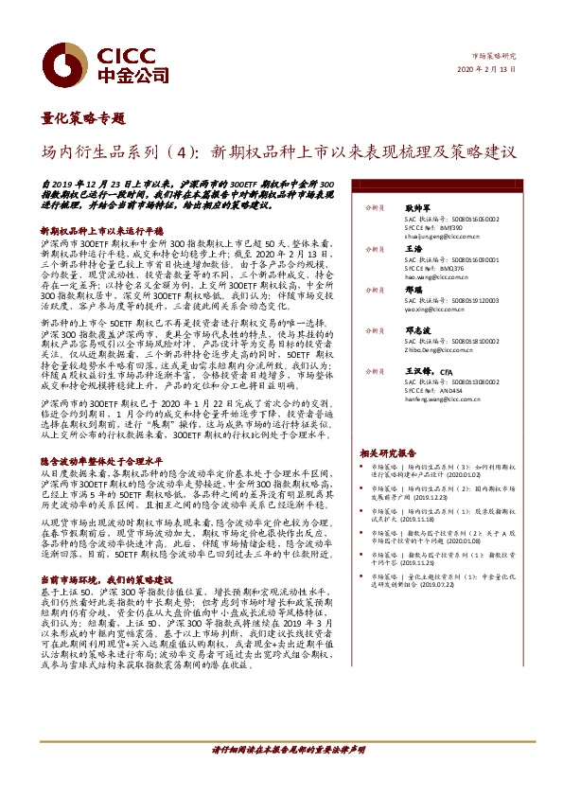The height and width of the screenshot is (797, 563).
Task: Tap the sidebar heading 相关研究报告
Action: (388, 453)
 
